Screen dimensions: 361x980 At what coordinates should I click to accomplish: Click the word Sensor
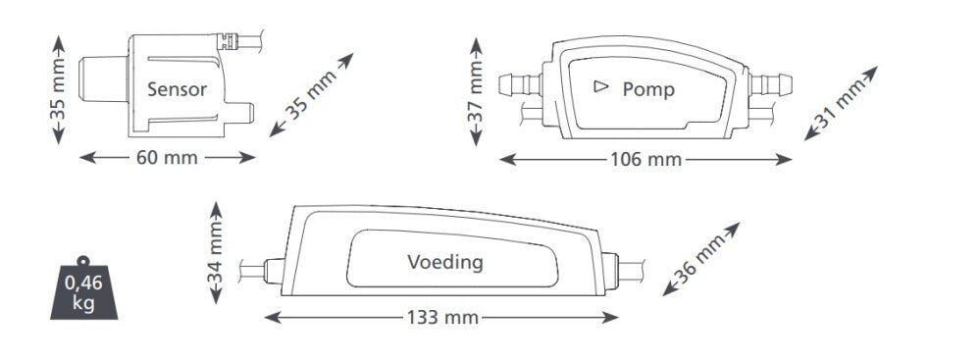(x=177, y=90)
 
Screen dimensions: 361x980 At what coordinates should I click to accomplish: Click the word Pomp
(x=648, y=90)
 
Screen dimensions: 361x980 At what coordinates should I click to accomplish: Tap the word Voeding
(x=444, y=262)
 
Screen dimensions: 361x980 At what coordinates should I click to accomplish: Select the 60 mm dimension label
(x=167, y=157)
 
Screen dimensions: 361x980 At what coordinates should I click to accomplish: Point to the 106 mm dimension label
(x=645, y=159)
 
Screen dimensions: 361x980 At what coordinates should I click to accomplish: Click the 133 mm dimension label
(x=441, y=317)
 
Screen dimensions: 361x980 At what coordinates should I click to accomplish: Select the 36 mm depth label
(x=699, y=261)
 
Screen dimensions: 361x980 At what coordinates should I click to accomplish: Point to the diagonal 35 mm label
(x=312, y=95)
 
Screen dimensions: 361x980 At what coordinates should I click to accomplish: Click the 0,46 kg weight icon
(x=83, y=289)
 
